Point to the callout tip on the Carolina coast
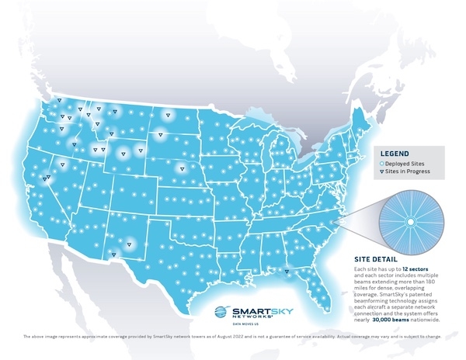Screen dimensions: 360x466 [x=336, y=220]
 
